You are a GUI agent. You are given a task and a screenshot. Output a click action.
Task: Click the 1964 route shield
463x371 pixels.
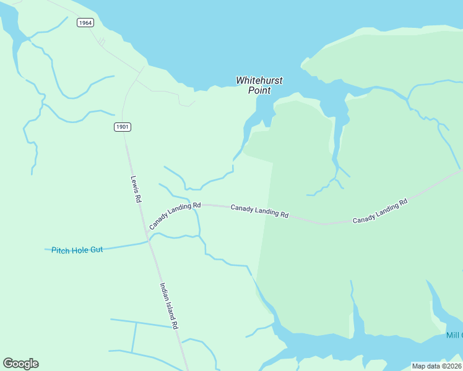click(x=85, y=23)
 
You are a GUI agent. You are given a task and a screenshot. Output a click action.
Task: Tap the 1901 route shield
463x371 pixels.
click(x=123, y=127)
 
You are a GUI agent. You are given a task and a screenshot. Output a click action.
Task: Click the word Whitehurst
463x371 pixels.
click(x=259, y=80)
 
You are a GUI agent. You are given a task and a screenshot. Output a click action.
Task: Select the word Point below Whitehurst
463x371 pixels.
click(x=260, y=90)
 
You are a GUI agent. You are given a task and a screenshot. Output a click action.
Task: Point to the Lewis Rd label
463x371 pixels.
click(x=136, y=190)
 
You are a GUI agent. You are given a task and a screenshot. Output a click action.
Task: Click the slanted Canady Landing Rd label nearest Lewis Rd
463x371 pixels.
click(x=175, y=216)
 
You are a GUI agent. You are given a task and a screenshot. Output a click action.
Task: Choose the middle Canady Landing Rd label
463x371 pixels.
click(x=260, y=211)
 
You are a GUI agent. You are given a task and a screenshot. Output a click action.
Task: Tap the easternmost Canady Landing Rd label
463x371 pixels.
click(x=380, y=211)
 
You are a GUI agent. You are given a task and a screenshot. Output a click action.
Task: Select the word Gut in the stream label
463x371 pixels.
click(x=96, y=249)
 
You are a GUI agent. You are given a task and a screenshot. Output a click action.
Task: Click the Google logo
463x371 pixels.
click(x=20, y=364)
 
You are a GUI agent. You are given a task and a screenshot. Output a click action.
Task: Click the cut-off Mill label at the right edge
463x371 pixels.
click(x=454, y=335)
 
